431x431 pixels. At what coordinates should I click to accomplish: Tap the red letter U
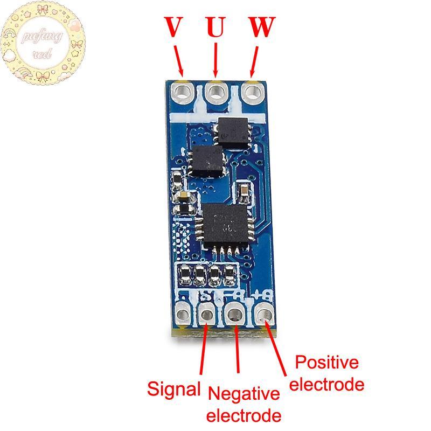click(x=215, y=27)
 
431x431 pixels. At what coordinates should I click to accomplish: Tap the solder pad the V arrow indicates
click(x=183, y=91)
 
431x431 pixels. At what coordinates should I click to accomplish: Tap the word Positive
click(x=327, y=362)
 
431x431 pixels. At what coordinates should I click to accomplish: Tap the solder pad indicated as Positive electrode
click(x=264, y=312)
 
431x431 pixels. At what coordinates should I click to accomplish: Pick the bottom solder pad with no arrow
click(x=183, y=313)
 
